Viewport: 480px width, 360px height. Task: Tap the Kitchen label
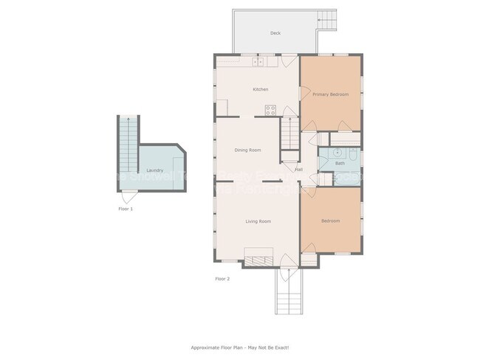click(261, 89)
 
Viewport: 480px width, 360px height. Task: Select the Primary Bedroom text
click(330, 94)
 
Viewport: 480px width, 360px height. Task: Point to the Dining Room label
click(248, 150)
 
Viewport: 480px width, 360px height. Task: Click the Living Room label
click(258, 221)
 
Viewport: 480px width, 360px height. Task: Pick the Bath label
click(340, 163)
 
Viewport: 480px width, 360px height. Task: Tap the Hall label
click(299, 170)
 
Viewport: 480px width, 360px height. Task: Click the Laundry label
click(154, 170)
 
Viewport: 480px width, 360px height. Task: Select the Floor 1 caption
click(126, 209)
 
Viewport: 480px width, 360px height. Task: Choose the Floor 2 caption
click(222, 279)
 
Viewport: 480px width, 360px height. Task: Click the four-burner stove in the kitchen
click(270, 111)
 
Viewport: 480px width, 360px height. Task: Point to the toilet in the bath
click(353, 155)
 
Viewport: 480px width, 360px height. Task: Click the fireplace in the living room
click(258, 259)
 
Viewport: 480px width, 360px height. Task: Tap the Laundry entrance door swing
click(128, 197)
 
